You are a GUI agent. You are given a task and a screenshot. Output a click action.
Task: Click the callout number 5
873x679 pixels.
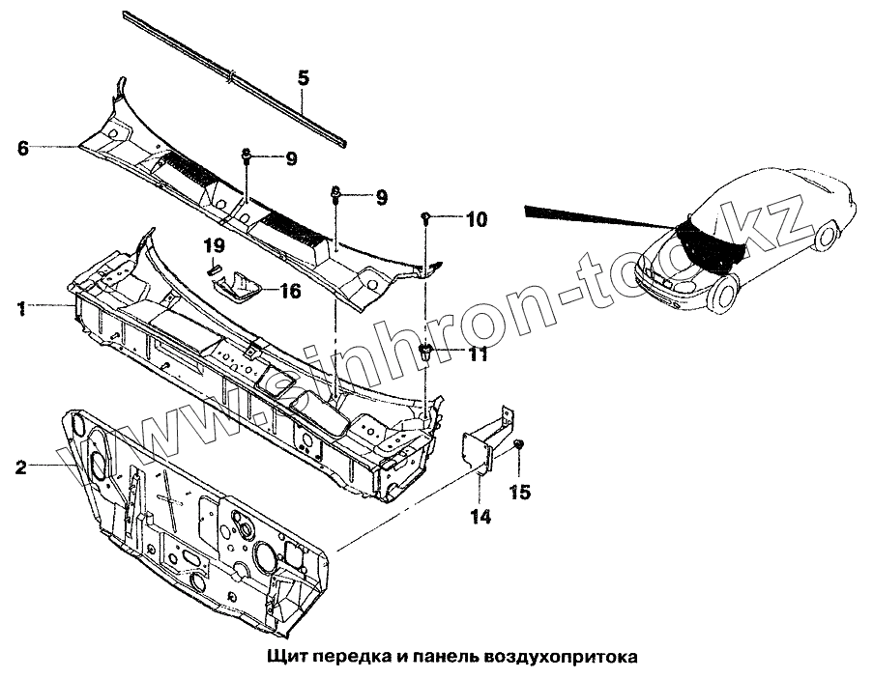coord(303,78)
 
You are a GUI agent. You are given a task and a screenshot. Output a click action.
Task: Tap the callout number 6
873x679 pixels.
coord(23,148)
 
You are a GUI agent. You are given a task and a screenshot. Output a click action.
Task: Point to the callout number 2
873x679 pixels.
coord(21,467)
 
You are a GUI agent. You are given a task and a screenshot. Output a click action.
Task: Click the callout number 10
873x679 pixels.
coord(477,219)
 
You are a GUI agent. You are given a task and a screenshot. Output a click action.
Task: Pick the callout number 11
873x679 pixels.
coord(477,355)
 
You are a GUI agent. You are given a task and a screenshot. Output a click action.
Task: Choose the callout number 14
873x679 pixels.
coord(480,517)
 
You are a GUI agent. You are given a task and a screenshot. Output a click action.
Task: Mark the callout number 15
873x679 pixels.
coord(519,493)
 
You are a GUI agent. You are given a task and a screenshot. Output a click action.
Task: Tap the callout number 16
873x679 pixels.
coord(290,290)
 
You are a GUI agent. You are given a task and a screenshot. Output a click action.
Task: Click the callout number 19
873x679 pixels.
coord(215,245)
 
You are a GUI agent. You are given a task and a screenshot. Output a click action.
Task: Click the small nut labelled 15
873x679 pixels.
coord(519,443)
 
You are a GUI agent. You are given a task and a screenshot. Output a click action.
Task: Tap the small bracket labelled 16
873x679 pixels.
coord(240,286)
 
